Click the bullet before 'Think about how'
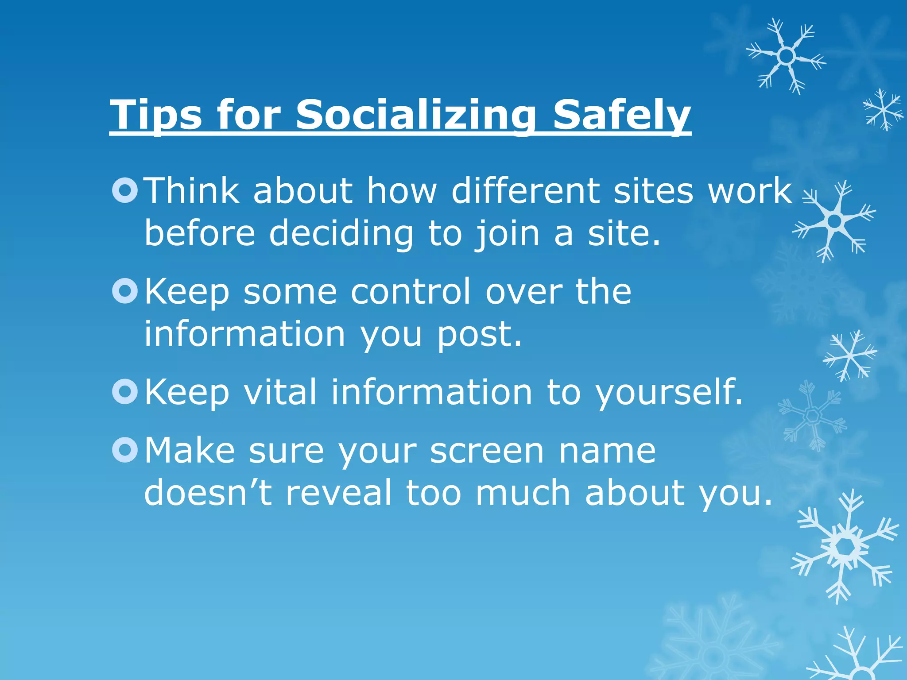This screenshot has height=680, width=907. tap(125, 190)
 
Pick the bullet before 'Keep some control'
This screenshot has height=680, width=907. tap(125, 291)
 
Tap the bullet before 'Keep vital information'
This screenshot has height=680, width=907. tap(125, 392)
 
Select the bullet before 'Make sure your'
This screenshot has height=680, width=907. tap(125, 450)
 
